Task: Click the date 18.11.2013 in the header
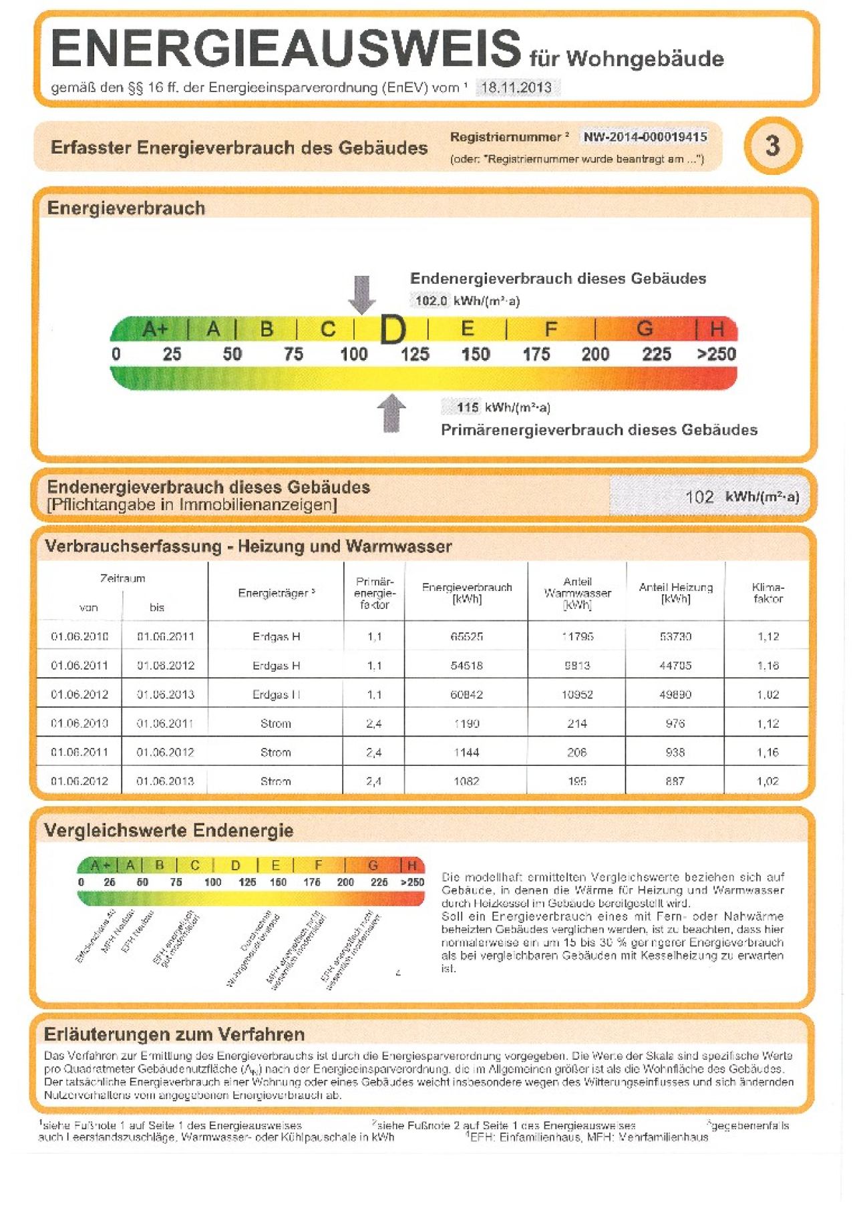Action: [516, 87]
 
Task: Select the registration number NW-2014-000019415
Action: [645, 137]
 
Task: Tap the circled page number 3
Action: [772, 146]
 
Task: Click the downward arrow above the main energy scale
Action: [362, 294]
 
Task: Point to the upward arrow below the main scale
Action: [391, 413]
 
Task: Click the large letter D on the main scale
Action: [393, 330]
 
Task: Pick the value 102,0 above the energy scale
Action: [431, 300]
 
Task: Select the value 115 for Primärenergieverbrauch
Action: [468, 407]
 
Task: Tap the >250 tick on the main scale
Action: [716, 354]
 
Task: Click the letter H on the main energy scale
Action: [717, 329]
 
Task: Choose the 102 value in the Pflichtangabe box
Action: [699, 497]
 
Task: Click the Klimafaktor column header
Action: [767, 593]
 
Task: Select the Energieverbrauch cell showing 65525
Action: [466, 636]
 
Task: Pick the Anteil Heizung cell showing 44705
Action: [675, 665]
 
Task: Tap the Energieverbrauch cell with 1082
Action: [466, 781]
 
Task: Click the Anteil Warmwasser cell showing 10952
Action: [577, 694]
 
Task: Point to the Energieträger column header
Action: [276, 593]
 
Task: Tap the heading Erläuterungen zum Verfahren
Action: [174, 1034]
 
